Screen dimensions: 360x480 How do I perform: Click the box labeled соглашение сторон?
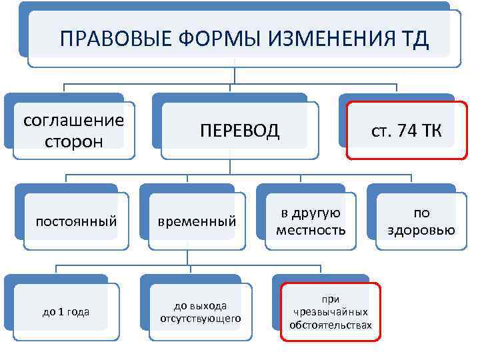pyautogui.click(x=73, y=131)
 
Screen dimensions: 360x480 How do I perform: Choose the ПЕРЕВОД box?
pyautogui.click(x=239, y=130)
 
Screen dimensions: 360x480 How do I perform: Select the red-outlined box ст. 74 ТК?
pyautogui.click(x=406, y=130)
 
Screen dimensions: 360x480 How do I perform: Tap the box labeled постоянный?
pyautogui.click(x=76, y=221)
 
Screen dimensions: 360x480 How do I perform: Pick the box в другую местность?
pyautogui.click(x=310, y=221)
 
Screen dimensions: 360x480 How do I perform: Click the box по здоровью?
pyautogui.click(x=422, y=221)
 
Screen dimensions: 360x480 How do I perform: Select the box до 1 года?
pyautogui.click(x=66, y=311)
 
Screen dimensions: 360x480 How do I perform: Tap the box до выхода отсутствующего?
pyautogui.click(x=200, y=311)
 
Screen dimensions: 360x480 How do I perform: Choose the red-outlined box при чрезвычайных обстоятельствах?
pyautogui.click(x=331, y=311)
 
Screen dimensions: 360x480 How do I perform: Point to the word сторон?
pyautogui.click(x=73, y=142)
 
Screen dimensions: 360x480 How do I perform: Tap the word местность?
pyautogui.click(x=310, y=231)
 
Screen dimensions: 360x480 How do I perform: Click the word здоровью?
pyautogui.click(x=422, y=231)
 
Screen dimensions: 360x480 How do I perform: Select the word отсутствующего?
pyautogui.click(x=200, y=318)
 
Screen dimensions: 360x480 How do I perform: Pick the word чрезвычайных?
pyautogui.click(x=331, y=312)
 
